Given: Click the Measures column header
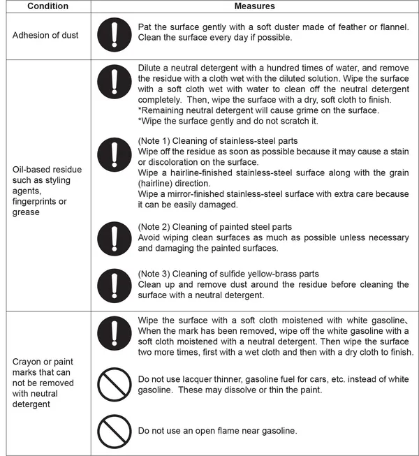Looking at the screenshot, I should [x=255, y=6].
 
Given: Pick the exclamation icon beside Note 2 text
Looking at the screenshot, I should [x=115, y=239].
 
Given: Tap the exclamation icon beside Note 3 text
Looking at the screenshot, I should [x=115, y=285].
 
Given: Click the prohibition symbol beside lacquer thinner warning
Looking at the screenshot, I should [x=115, y=385].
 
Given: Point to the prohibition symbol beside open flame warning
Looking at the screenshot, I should [x=115, y=430].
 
